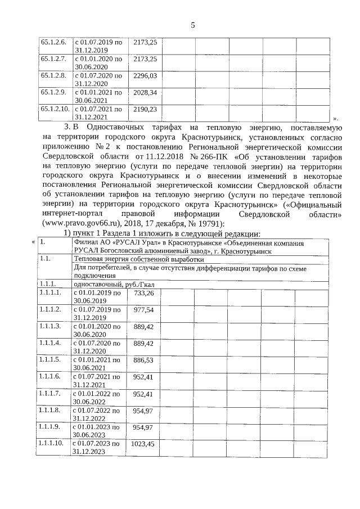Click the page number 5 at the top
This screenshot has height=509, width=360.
pos(192,25)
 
